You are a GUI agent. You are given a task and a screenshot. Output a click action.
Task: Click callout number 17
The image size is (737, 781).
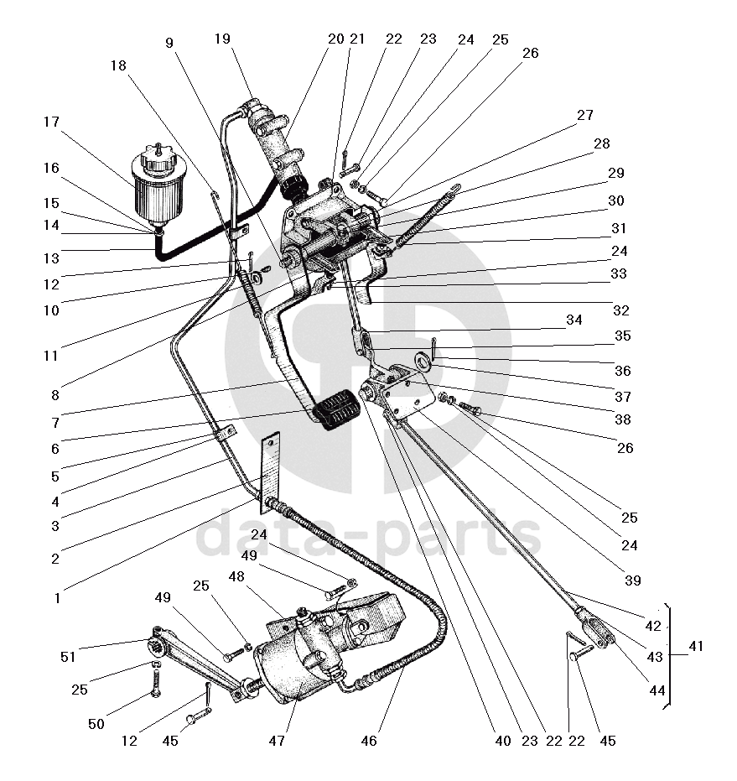[x=52, y=122]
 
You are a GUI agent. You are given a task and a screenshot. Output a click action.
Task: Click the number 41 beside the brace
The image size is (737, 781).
[x=695, y=647]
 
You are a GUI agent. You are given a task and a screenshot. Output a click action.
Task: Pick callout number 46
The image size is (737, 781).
[x=369, y=741]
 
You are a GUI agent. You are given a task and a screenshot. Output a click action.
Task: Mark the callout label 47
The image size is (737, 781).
[x=277, y=741]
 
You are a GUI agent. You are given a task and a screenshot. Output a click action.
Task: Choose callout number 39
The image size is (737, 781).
[x=631, y=581]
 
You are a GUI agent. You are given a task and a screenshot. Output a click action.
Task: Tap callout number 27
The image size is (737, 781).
[x=584, y=115]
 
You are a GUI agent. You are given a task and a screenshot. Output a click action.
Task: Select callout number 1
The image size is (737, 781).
[x=57, y=598]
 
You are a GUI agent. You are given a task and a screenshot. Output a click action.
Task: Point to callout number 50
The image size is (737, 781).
[x=96, y=723]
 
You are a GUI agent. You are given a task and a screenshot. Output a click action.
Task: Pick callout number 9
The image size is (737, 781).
[x=169, y=42]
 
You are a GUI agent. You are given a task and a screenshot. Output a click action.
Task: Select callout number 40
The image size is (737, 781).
[x=502, y=741]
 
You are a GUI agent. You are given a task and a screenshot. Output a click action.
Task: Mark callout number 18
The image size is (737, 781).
[x=117, y=65]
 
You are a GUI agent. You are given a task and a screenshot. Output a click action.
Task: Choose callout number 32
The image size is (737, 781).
[x=620, y=310]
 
